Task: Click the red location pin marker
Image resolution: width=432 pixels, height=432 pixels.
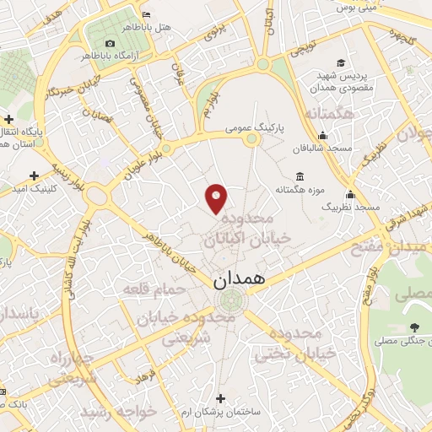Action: pyautogui.click(x=217, y=197)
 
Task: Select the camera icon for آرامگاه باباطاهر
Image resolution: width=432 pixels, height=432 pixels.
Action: pyautogui.click(x=111, y=43)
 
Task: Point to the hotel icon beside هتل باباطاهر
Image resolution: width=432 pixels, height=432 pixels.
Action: pyautogui.click(x=148, y=15)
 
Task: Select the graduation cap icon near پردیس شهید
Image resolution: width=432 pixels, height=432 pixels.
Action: pyautogui.click(x=340, y=63)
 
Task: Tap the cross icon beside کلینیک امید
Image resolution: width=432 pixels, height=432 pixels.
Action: pyautogui.click(x=34, y=175)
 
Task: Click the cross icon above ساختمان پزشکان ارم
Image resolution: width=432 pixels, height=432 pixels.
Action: pyautogui.click(x=221, y=397)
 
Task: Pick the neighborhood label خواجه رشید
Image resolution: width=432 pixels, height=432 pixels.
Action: pyautogui.click(x=119, y=413)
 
